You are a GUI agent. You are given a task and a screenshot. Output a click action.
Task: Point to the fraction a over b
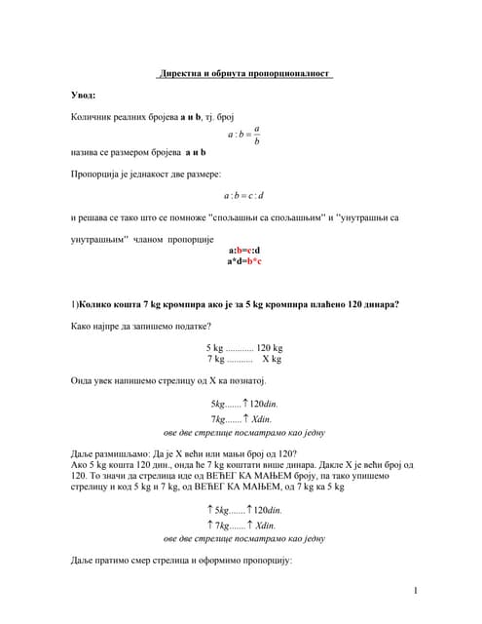256,135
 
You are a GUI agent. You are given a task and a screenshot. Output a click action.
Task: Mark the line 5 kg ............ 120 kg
243,347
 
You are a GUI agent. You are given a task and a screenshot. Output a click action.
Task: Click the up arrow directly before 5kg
210,510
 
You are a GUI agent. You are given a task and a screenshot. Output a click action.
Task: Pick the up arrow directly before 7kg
210,525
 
